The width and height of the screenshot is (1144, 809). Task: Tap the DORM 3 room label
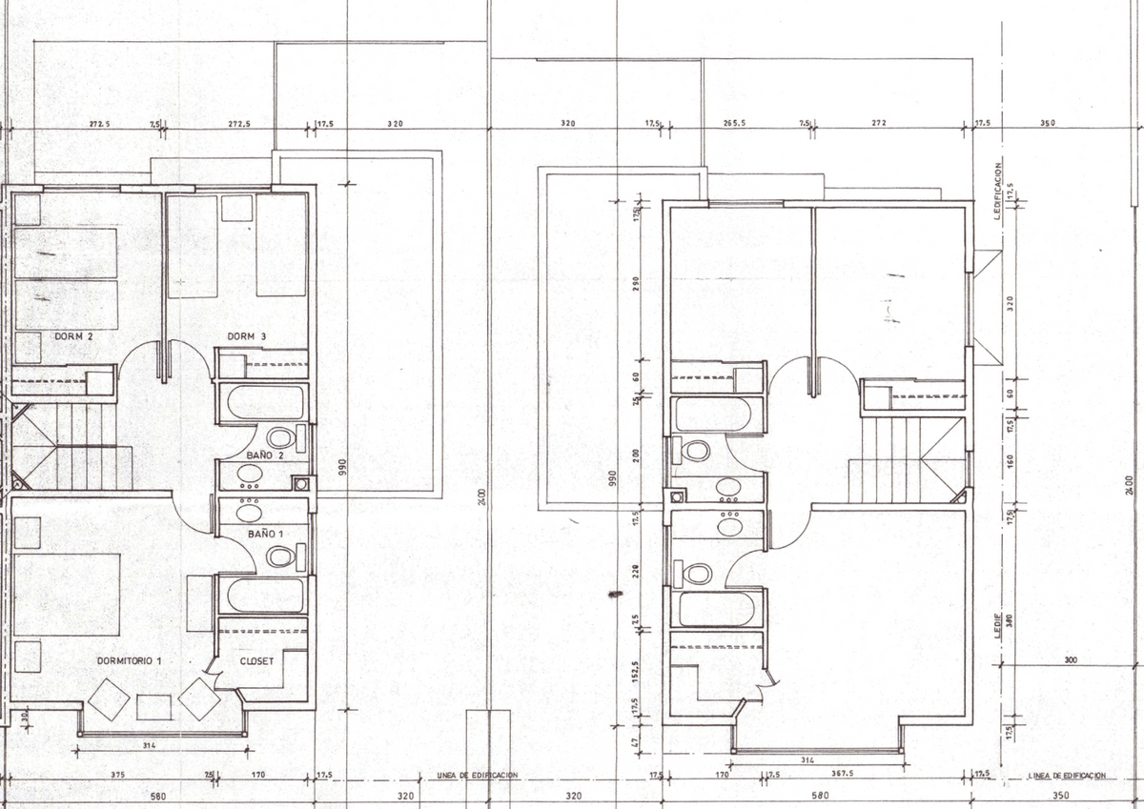(x=246, y=336)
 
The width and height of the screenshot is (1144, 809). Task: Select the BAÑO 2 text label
(x=265, y=455)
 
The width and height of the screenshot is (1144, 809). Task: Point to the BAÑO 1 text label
(x=265, y=535)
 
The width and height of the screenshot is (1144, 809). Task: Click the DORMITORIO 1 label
(x=130, y=660)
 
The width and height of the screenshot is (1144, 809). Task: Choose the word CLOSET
(x=257, y=659)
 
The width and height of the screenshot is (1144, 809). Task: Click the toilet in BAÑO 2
(x=279, y=437)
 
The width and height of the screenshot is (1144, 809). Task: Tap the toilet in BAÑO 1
(x=278, y=556)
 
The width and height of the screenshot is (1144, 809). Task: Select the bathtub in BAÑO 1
(x=264, y=595)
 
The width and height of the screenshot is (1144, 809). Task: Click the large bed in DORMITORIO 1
(x=67, y=594)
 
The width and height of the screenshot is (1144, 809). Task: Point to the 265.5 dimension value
(x=734, y=123)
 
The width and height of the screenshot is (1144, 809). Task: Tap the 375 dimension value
(x=117, y=775)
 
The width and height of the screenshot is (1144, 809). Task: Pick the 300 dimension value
(x=1071, y=659)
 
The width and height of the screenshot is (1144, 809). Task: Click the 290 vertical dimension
(x=637, y=284)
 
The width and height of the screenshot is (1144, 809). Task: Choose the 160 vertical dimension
(x=1010, y=461)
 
